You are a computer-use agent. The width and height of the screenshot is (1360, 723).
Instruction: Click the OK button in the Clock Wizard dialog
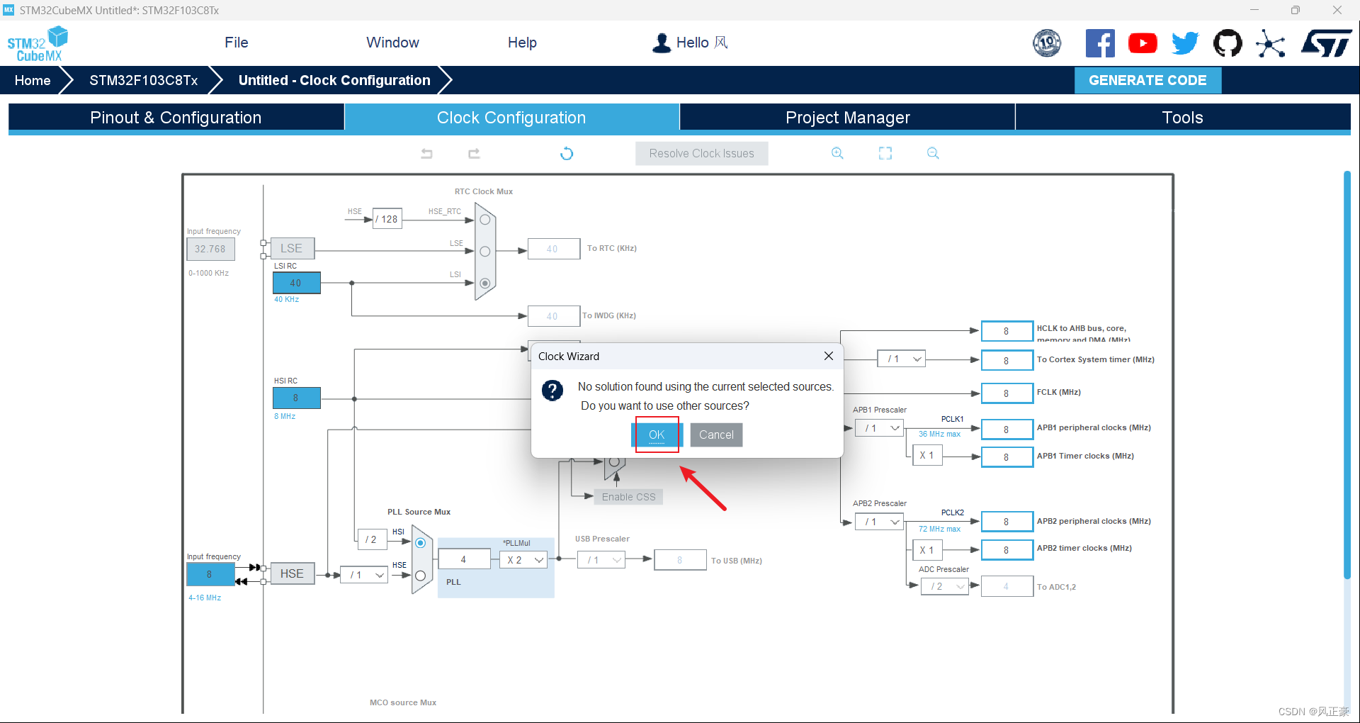click(x=657, y=435)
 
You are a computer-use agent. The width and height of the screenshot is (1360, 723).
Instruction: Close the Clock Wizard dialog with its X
click(x=828, y=356)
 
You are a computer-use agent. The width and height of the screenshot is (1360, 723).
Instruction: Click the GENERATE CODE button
click(x=1147, y=80)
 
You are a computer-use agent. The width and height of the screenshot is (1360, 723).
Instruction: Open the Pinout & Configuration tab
click(x=176, y=118)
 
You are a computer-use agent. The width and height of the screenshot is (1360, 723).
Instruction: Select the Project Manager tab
click(x=847, y=118)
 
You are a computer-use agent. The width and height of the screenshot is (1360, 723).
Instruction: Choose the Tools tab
click(x=1182, y=118)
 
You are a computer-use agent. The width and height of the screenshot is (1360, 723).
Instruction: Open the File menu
click(x=236, y=43)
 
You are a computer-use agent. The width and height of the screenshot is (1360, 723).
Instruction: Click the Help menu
click(x=522, y=43)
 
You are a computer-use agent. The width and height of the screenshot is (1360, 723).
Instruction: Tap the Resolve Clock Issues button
click(x=701, y=153)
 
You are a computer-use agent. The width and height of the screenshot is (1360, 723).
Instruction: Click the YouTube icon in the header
click(x=1143, y=43)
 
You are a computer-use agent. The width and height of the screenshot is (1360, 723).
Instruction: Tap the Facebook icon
click(x=1100, y=43)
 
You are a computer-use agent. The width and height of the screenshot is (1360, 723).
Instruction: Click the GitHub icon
click(x=1228, y=43)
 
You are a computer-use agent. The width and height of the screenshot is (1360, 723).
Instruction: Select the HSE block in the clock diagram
click(x=292, y=573)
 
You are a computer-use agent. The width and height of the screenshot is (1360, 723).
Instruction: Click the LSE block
click(x=291, y=248)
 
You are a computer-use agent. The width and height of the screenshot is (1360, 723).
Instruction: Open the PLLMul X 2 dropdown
click(x=525, y=560)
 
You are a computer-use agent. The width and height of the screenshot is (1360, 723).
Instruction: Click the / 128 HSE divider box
click(x=387, y=219)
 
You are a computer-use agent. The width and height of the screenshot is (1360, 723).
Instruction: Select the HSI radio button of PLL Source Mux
click(x=420, y=543)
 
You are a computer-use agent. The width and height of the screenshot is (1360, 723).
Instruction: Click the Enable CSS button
click(x=628, y=497)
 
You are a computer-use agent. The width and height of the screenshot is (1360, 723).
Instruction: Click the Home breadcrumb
click(x=33, y=80)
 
